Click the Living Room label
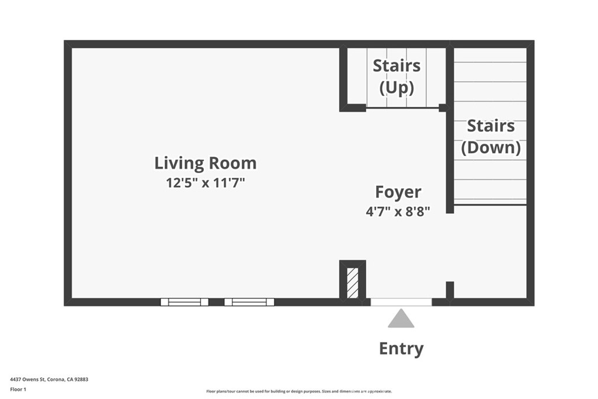[x=205, y=163]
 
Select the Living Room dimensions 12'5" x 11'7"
[x=205, y=183]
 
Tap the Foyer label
[x=398, y=192]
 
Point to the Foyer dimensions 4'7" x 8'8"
[x=398, y=211]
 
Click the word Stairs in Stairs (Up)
[x=397, y=65]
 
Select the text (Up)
[x=397, y=88]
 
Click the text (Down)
[x=491, y=148]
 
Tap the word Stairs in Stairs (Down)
[x=491, y=126]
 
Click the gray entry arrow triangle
[x=401, y=318]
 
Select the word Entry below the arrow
[x=401, y=349]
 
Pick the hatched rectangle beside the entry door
[x=353, y=283]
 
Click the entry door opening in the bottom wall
[x=401, y=302]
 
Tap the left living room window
[x=185, y=302]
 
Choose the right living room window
[x=249, y=302]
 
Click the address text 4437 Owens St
[x=28, y=380]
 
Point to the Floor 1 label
[x=18, y=390]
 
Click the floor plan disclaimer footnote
[x=299, y=391]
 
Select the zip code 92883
[x=82, y=380]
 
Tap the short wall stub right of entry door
[x=450, y=291]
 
